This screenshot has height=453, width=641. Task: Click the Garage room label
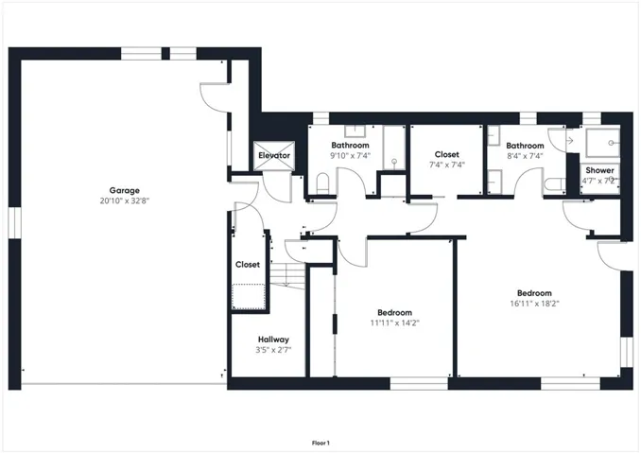point(124,190)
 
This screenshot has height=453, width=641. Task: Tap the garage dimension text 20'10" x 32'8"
point(124,200)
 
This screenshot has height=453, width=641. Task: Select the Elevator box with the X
point(274,156)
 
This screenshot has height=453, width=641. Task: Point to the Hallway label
point(273,340)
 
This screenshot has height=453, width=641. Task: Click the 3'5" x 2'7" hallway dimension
point(273,350)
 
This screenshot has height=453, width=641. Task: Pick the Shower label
point(599,170)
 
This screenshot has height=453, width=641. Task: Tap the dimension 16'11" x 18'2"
point(534,304)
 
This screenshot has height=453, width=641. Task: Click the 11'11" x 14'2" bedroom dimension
point(394,323)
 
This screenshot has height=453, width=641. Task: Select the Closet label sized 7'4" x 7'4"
point(447,154)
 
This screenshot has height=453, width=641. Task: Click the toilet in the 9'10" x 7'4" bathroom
point(322,183)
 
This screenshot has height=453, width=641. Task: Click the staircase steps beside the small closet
point(287,275)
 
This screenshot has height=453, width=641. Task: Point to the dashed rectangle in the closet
point(249,296)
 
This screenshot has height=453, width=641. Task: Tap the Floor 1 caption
point(320,443)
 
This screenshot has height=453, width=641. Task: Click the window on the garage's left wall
point(14,222)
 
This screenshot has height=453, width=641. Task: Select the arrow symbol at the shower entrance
point(569,141)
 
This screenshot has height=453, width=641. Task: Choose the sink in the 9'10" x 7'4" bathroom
point(355,131)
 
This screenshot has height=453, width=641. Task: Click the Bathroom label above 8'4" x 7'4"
point(525,146)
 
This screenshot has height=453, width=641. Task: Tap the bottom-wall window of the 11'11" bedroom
point(419,384)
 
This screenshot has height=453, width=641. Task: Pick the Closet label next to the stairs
point(248,265)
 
